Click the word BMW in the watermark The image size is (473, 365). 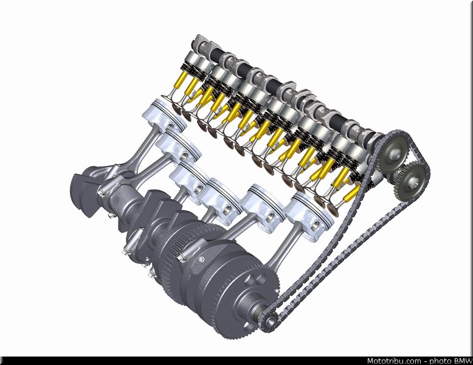coord(463,361)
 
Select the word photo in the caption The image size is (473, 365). coord(440,361)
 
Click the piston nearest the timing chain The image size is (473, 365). coord(310,216)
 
